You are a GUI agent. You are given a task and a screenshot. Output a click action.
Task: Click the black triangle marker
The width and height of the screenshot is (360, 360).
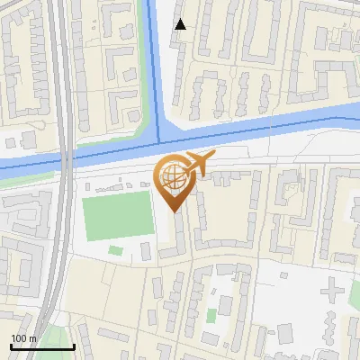181,24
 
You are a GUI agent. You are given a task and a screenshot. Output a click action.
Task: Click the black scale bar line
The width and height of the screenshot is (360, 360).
41,346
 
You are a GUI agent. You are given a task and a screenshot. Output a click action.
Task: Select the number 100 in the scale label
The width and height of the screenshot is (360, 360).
19,338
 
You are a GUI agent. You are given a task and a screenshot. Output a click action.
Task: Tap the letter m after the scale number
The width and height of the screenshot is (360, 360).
32,338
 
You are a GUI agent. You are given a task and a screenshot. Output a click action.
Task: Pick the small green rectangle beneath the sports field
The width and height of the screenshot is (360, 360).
115,249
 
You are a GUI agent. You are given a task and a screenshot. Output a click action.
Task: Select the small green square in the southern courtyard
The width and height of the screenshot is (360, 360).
211,316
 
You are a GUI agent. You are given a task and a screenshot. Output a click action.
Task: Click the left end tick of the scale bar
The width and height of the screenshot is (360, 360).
10,346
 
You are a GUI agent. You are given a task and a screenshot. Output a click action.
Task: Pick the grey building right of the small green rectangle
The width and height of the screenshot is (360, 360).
147,250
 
